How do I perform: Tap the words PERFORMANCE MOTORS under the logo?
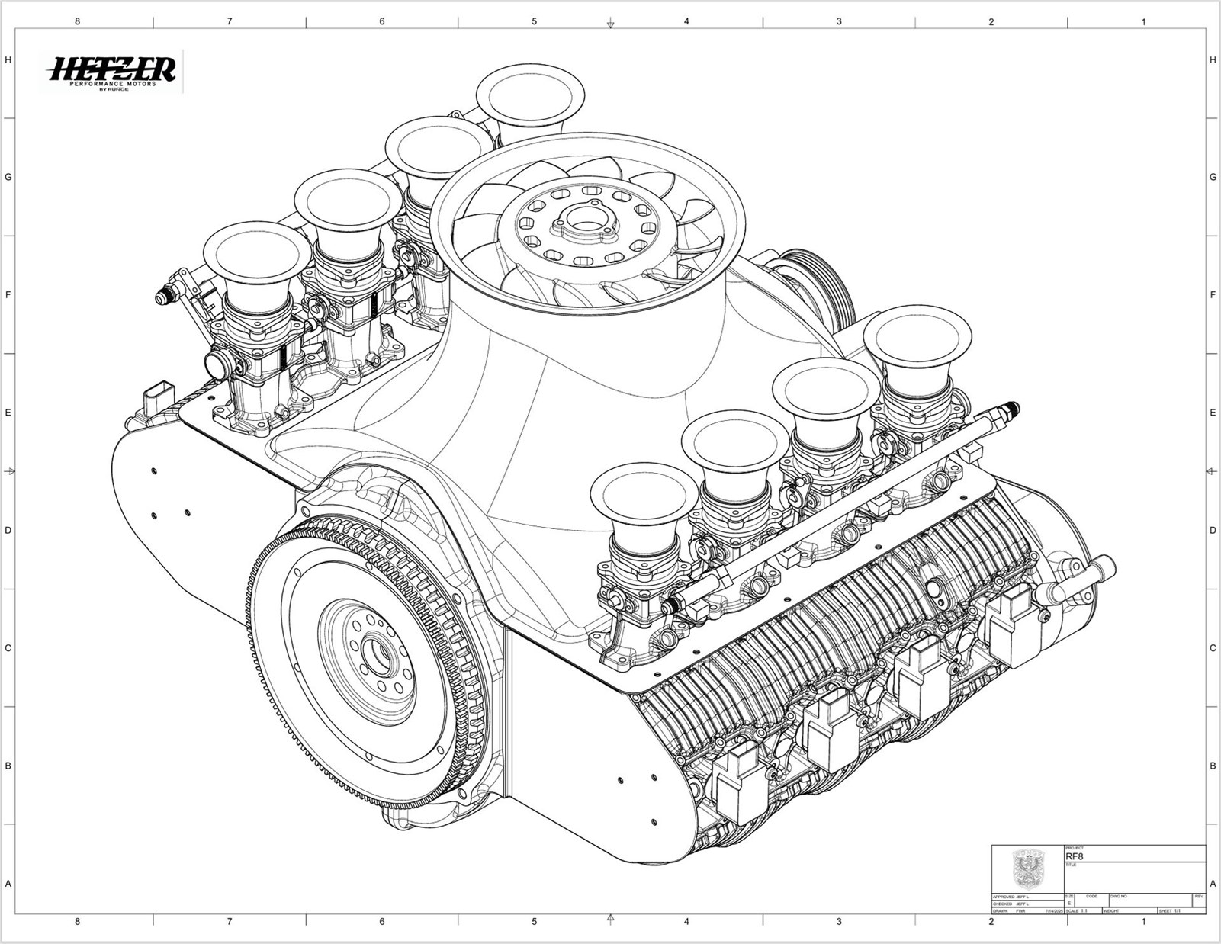pyautogui.click(x=112, y=83)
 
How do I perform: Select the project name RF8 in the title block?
pyautogui.click(x=1074, y=856)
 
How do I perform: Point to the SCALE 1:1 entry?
pyautogui.click(x=1076, y=910)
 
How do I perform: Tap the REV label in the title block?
pyautogui.click(x=1199, y=896)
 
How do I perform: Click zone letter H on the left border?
pyautogui.click(x=8, y=59)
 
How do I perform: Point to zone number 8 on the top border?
pyautogui.click(x=77, y=21)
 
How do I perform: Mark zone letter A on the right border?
pyautogui.click(x=1213, y=884)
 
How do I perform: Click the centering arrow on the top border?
pyautogui.click(x=610, y=25)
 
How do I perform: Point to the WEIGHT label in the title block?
pyautogui.click(x=1111, y=910)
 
